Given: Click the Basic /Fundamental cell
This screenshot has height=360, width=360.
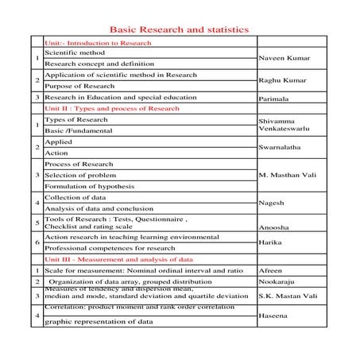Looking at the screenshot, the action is pyautogui.click(x=79, y=130).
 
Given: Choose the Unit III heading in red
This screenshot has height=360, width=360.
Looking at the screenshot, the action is pyautogui.click(x=118, y=259).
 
